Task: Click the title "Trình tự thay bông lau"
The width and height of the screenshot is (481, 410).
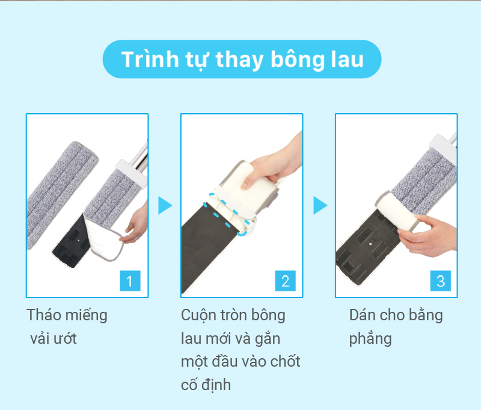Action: pos(242,59)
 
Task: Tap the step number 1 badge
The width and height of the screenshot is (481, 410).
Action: pos(130,281)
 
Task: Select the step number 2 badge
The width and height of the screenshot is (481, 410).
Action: pos(285,281)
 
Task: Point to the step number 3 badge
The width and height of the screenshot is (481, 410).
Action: pos(441,281)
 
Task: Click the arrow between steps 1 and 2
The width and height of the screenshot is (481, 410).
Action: pos(165,205)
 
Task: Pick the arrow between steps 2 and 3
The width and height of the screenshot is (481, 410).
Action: pos(320,205)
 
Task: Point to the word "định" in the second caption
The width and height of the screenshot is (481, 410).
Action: pos(216,385)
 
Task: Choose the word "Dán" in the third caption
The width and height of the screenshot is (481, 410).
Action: pos(361,315)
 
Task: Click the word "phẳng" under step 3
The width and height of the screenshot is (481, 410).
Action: pos(370,340)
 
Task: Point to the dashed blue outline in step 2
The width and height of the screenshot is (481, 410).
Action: pos(227,215)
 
